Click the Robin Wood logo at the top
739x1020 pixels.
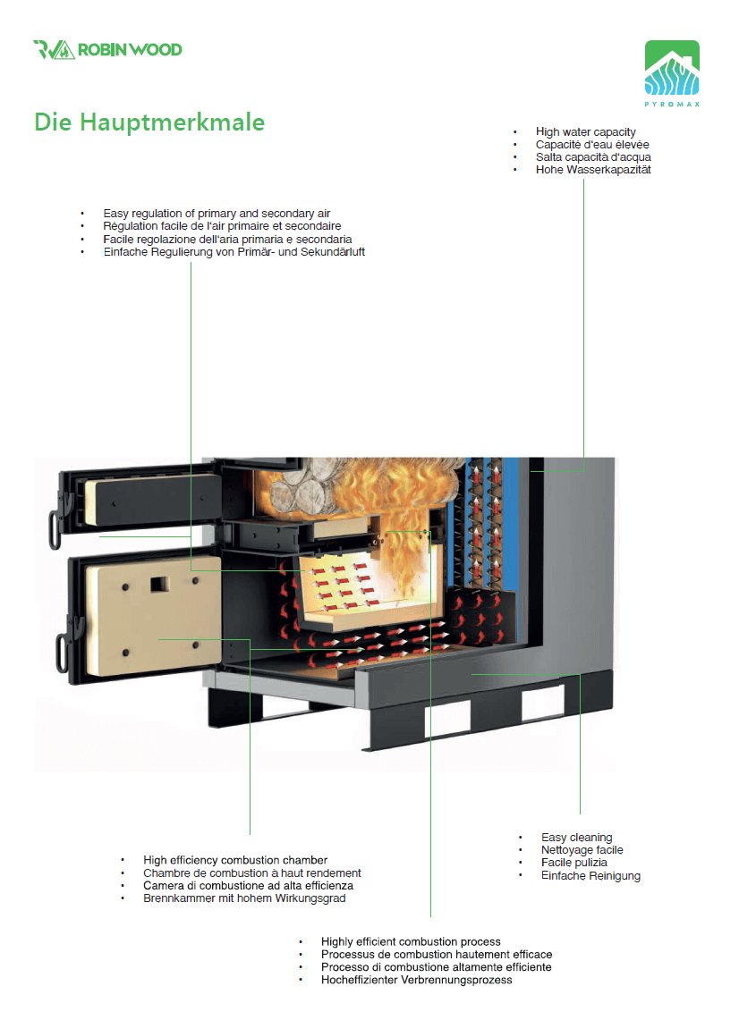click(107, 49)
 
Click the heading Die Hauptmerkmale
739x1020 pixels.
click(149, 122)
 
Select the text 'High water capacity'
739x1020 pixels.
click(585, 132)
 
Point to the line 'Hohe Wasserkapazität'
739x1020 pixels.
click(592, 170)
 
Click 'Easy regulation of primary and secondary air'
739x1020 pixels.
click(217, 214)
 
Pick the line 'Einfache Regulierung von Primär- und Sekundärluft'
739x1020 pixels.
click(234, 252)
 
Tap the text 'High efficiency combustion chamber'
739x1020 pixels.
click(235, 860)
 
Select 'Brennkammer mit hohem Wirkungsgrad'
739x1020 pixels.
click(244, 898)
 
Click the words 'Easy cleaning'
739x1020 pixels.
click(576, 838)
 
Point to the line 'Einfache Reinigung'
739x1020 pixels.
click(590, 876)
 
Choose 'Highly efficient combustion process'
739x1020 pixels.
click(411, 942)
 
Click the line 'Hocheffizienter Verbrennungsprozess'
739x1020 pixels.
click(416, 981)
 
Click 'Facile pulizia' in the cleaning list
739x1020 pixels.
click(573, 863)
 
